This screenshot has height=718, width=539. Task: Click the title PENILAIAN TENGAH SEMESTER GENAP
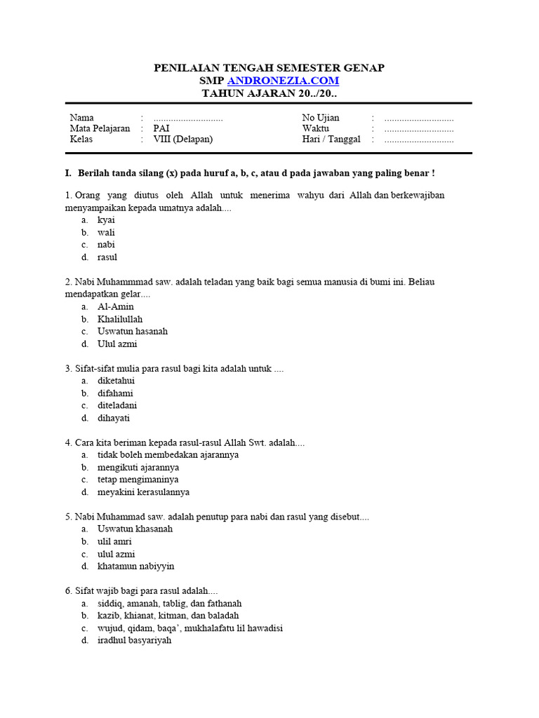[x=269, y=67]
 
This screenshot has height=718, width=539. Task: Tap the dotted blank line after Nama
[x=187, y=118]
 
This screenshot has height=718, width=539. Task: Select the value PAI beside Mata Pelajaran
[x=161, y=128]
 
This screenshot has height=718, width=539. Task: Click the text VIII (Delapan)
[x=182, y=139]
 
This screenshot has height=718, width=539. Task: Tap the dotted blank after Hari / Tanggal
[x=419, y=139]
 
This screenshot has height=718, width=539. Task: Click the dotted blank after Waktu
[x=419, y=128]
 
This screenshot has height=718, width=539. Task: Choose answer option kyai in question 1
[x=106, y=219]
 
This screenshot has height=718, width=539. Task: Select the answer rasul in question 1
[x=107, y=257]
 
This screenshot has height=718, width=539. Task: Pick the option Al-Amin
[x=116, y=306]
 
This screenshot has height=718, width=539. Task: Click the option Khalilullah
[x=120, y=319]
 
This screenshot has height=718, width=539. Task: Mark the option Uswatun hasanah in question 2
[x=133, y=331]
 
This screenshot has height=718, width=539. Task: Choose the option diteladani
[x=117, y=405]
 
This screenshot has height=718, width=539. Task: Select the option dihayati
[x=114, y=418]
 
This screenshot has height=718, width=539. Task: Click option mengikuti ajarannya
[x=138, y=467]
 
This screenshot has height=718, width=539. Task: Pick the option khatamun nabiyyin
[x=136, y=566]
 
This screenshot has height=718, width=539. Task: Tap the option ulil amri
[x=114, y=541]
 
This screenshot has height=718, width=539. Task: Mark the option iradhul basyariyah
[x=134, y=640]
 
